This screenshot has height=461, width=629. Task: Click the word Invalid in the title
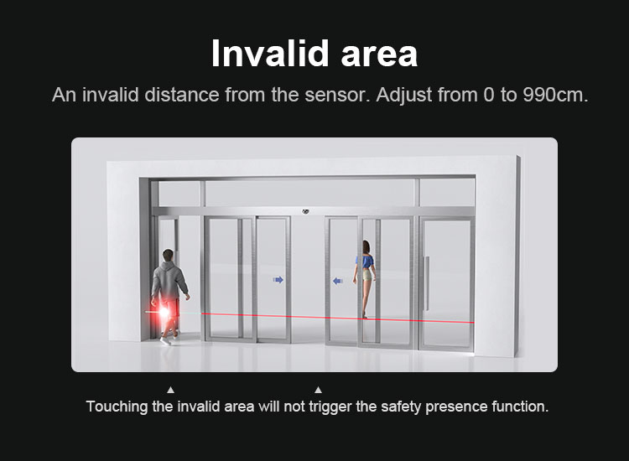coord(269,53)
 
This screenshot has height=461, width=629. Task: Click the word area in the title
coord(379,56)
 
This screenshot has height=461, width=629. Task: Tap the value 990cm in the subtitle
coord(555,95)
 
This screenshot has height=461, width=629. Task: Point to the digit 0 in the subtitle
coord(489,95)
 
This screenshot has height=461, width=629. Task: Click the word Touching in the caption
coord(117,407)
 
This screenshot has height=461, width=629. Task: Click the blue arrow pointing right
coord(278,280)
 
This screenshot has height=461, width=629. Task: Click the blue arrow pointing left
coord(338,281)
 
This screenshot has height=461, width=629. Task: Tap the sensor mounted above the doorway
coord(305,211)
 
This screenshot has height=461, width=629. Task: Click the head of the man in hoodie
coord(169,256)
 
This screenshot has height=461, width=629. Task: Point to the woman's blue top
coord(365,262)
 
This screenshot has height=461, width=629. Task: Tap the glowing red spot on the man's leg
coord(164,312)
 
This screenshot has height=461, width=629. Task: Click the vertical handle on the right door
coord(427,283)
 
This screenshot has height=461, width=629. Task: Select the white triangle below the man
coord(170,390)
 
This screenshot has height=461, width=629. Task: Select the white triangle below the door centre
coord(318,390)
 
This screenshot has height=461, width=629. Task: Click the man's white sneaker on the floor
coord(165,341)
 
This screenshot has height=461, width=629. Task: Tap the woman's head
coord(366,246)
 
